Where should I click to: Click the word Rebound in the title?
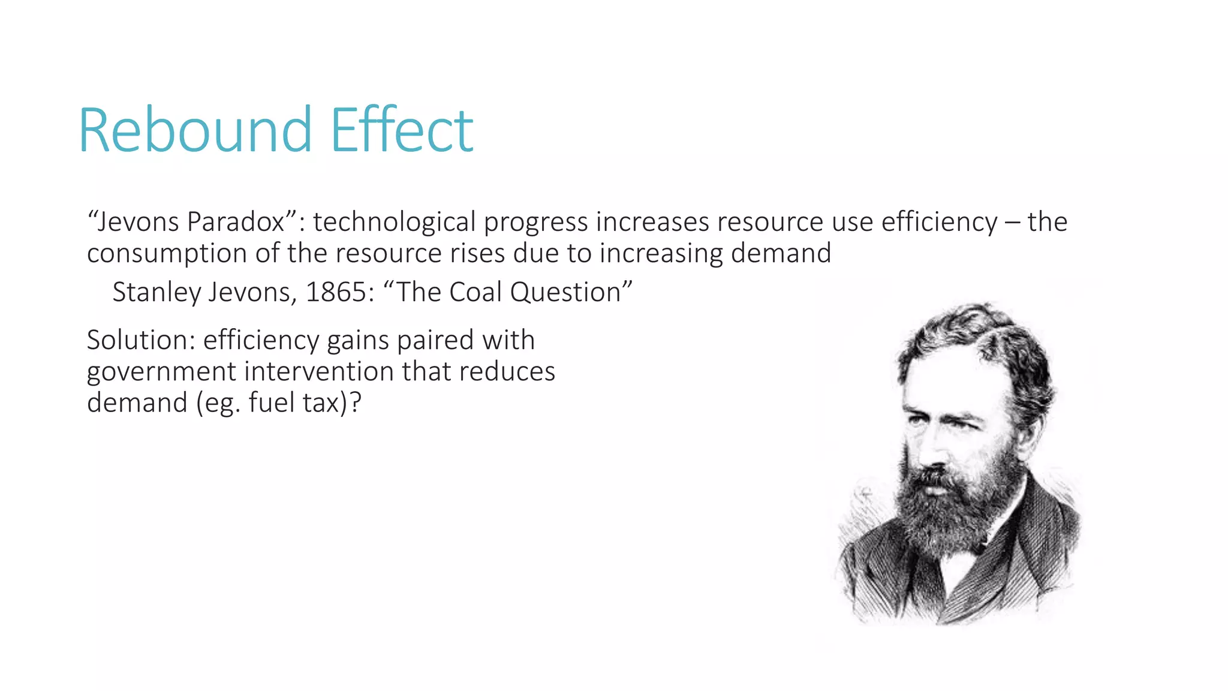point(195,130)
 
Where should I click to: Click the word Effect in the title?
point(402,130)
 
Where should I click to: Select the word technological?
point(394,222)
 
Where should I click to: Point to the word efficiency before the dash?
point(939,222)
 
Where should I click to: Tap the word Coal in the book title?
point(475,293)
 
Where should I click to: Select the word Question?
point(565,293)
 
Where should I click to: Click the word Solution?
point(137,341)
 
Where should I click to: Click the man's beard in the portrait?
point(947,510)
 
